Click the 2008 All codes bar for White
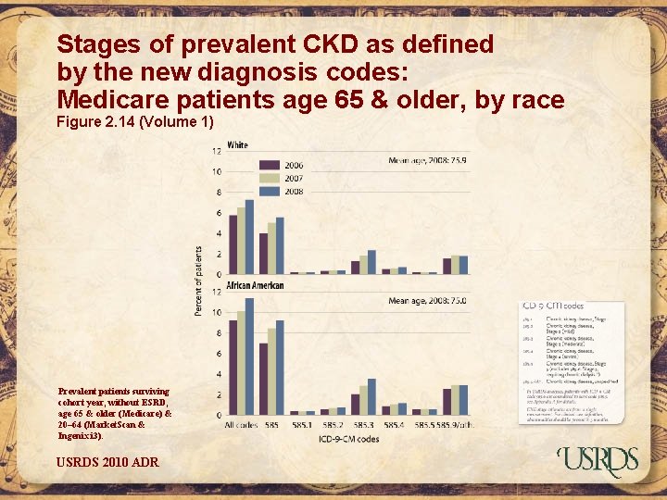249,236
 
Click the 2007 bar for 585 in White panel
271,248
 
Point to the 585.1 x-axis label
301,424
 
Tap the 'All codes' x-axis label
241,424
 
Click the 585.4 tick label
394,424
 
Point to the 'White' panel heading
238,145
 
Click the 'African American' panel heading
255,285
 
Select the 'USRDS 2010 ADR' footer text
107,461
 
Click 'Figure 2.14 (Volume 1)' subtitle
135,122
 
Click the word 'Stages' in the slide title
98,44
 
